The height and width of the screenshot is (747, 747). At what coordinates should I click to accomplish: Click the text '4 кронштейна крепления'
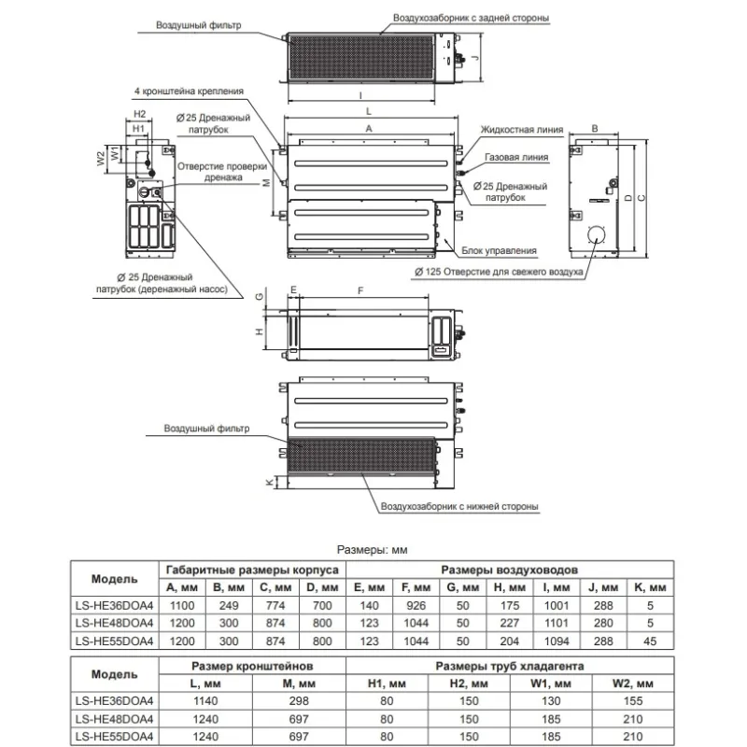(x=190, y=92)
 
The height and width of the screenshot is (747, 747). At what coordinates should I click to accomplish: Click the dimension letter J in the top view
(x=476, y=55)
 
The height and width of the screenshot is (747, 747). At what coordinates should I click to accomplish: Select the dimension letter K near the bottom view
(x=268, y=482)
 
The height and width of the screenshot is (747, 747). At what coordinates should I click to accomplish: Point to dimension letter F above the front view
(x=360, y=290)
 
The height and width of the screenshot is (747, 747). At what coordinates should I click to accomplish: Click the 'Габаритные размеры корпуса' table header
(x=251, y=569)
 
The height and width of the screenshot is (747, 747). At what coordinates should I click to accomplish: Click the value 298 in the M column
(x=299, y=700)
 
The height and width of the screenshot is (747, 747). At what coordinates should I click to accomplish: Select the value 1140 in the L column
(x=206, y=700)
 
